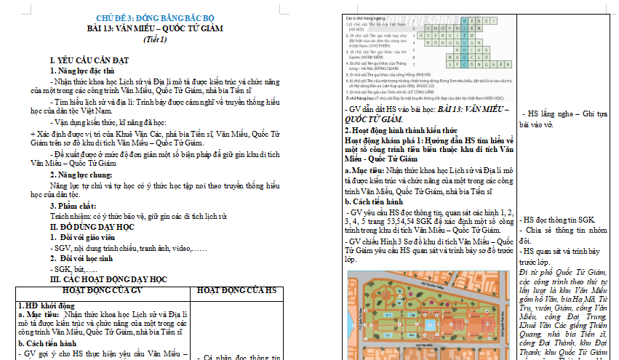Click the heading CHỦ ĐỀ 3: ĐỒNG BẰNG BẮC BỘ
[157, 17]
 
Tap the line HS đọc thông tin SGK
[560, 219]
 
